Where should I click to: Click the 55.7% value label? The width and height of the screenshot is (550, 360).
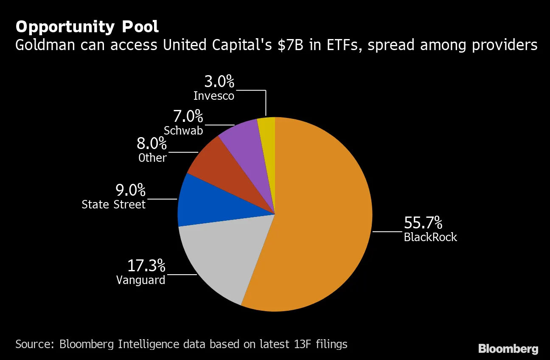423,222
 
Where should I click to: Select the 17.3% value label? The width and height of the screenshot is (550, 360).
146,266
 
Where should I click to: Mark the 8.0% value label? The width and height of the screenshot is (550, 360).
152,143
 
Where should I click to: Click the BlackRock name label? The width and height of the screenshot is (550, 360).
430,237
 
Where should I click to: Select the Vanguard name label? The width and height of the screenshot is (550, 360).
140,280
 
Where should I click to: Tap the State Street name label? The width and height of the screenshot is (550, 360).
113,205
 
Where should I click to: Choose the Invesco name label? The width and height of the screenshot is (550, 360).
213,96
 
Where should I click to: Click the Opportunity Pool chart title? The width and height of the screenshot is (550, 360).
87,27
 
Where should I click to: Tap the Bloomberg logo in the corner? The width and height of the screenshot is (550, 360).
508,349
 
